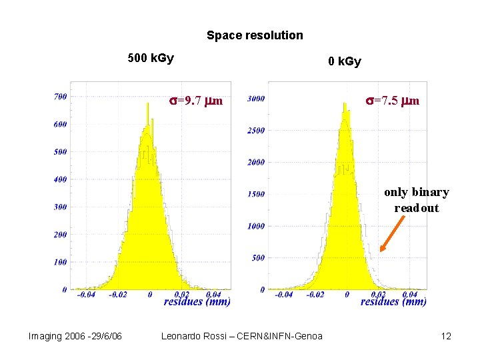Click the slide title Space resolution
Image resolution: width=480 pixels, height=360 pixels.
click(255, 35)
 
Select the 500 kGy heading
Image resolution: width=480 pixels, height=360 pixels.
click(151, 58)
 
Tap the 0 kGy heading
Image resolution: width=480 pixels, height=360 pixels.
click(344, 62)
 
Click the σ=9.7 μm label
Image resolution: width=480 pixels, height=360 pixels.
click(195, 101)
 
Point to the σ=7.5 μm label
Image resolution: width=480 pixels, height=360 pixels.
click(392, 101)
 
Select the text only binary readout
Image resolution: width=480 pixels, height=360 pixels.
click(416, 200)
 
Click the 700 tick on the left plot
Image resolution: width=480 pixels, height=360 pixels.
click(60, 97)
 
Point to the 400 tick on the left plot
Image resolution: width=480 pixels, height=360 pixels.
click(60, 179)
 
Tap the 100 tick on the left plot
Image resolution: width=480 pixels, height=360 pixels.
click(60, 262)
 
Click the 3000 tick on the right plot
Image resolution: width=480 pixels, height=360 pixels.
click(256, 99)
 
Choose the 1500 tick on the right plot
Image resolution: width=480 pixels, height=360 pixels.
click(256, 194)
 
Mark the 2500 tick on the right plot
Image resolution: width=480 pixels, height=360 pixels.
click(256, 131)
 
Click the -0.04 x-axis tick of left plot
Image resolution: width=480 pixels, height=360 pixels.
click(85, 294)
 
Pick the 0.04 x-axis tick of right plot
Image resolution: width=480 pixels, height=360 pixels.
click(409, 294)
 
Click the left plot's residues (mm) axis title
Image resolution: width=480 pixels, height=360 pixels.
click(197, 302)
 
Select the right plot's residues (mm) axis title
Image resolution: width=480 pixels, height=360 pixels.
click(393, 302)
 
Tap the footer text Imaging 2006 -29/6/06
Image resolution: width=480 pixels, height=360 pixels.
click(75, 336)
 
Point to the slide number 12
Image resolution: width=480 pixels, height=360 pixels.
click(446, 336)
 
